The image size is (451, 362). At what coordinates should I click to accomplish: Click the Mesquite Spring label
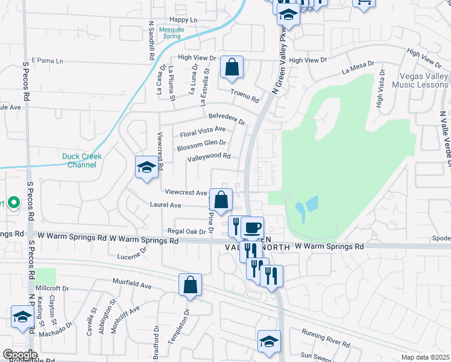[171, 33]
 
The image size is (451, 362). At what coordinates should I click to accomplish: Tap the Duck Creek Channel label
[82, 160]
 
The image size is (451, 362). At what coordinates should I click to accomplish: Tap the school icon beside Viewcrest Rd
[146, 167]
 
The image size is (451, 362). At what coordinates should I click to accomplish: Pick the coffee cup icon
[252, 228]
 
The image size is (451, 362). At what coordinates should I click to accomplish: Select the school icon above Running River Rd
[269, 341]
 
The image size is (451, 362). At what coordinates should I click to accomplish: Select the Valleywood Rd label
[209, 157]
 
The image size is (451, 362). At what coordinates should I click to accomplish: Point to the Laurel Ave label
[165, 205]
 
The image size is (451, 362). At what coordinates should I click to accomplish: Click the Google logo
[19, 355]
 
